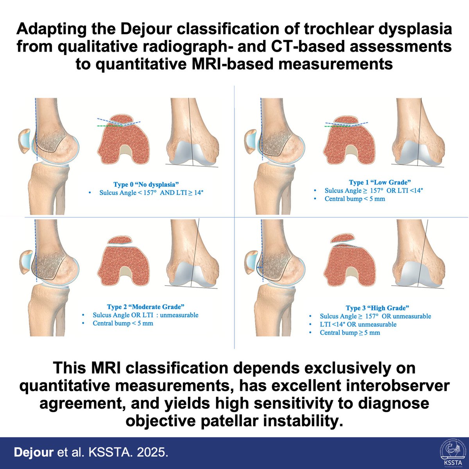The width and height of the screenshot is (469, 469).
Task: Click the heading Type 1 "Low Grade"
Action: (380, 182)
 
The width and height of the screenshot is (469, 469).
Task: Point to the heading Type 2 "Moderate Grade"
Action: (145, 307)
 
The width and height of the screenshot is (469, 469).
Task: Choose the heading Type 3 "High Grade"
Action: (378, 308)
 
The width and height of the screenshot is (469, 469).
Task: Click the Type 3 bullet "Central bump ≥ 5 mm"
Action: (350, 333)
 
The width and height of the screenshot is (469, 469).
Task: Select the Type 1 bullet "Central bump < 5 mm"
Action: (354, 199)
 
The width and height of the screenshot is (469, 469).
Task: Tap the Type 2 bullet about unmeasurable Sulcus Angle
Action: (145, 315)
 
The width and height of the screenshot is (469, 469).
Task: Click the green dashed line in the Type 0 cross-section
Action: (107, 126)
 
